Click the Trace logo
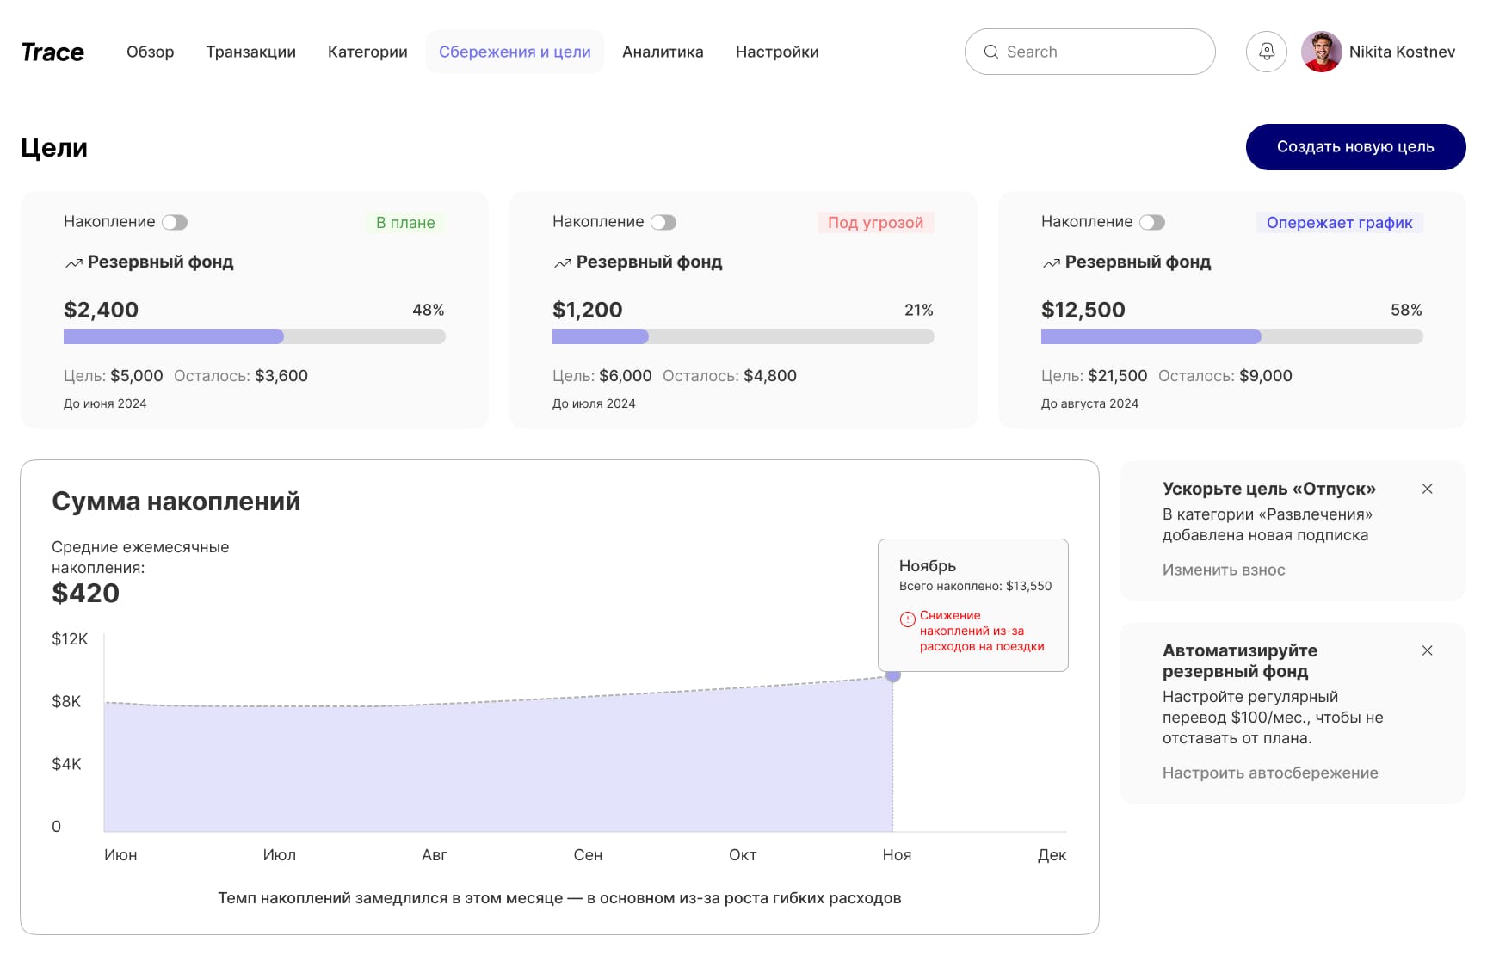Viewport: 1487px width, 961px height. click(52, 52)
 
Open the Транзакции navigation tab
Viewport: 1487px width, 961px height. click(250, 52)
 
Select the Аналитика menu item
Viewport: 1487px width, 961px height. click(663, 52)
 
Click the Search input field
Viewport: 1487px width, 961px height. click(1089, 52)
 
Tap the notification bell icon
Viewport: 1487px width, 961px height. click(1267, 52)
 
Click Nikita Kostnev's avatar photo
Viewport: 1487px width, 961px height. click(1322, 52)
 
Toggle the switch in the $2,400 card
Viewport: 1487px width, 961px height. click(175, 222)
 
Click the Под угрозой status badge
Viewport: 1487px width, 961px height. click(875, 223)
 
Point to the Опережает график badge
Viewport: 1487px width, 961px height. click(1339, 223)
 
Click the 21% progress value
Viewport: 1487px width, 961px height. click(919, 310)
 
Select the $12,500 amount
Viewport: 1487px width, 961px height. click(1083, 310)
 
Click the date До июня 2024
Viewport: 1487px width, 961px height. click(105, 403)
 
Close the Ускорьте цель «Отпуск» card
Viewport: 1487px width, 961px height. click(1428, 489)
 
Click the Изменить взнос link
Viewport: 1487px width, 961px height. click(1224, 570)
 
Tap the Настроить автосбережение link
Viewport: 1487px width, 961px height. click(1270, 773)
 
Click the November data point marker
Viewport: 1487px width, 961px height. click(893, 675)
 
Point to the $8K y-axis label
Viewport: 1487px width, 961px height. click(66, 701)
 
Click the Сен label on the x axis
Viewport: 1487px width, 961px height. click(588, 855)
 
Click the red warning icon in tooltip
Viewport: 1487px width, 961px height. click(908, 619)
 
